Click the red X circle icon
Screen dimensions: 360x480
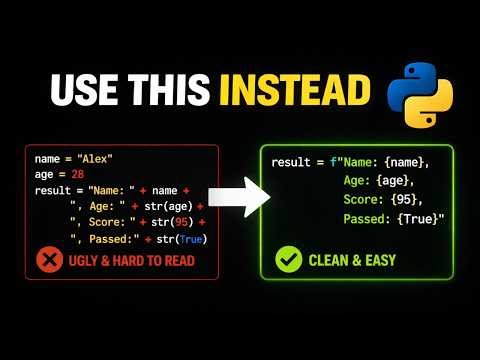(x=49, y=260)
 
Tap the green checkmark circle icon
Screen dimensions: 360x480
(x=288, y=260)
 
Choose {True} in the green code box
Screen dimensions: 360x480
(x=415, y=221)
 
